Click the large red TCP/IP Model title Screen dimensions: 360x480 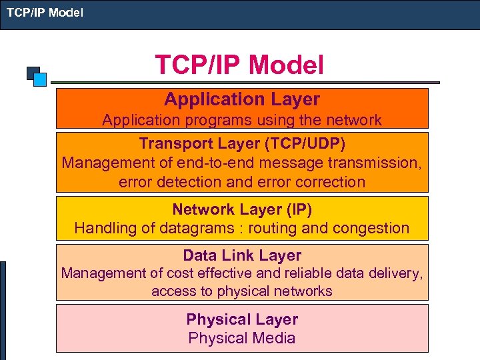(x=239, y=65)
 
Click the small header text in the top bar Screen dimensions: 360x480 (x=45, y=11)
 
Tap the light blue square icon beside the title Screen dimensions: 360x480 (x=40, y=80)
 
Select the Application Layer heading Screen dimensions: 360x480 (x=242, y=99)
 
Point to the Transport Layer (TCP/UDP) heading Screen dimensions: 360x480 (x=242, y=143)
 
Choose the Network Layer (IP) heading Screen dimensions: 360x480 (x=242, y=209)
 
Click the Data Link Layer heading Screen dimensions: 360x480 (x=242, y=255)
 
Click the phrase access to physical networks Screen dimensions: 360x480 (x=242, y=291)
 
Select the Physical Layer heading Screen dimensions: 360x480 (x=242, y=319)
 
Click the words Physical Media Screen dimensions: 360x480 (x=242, y=338)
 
